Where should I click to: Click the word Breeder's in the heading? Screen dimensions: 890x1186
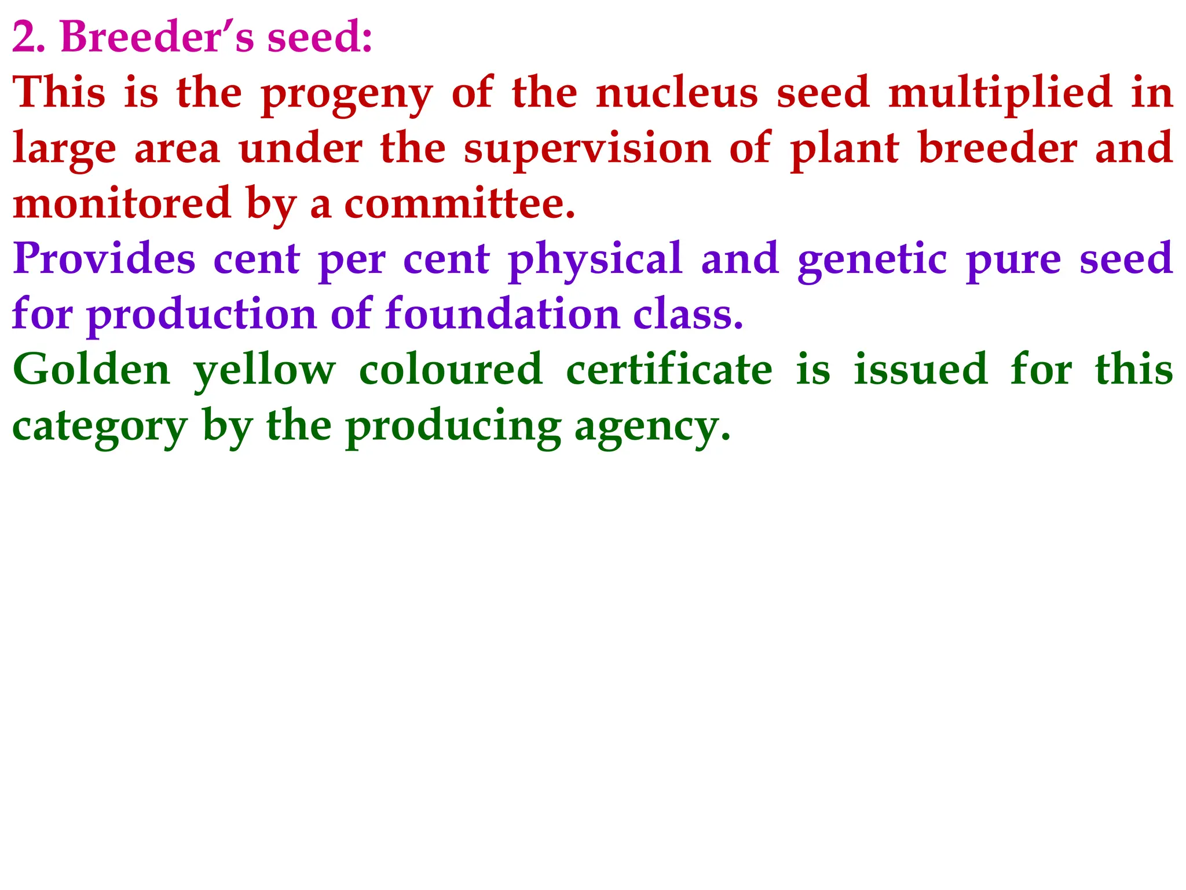point(156,37)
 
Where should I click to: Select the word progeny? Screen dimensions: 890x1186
point(346,94)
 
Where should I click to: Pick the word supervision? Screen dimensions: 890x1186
point(587,149)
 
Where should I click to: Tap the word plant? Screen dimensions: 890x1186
point(845,149)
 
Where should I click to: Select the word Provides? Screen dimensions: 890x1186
point(104,258)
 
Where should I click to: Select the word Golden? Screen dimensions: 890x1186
point(91,369)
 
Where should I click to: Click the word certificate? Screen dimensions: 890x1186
point(669,369)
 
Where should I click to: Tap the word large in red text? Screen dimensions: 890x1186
point(64,149)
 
